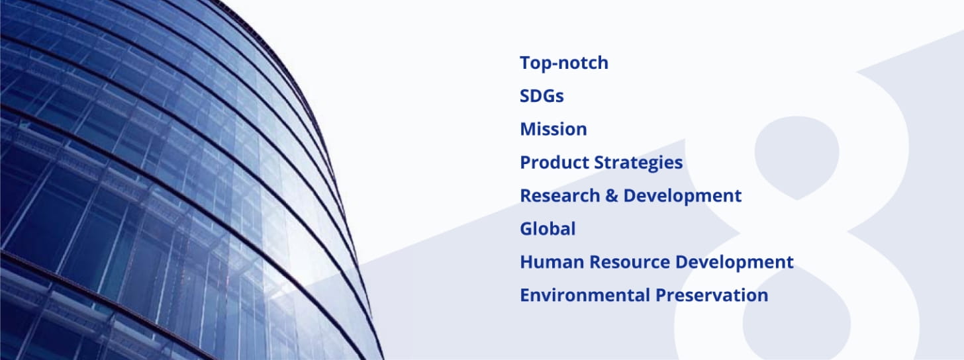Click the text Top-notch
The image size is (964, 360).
tap(564, 64)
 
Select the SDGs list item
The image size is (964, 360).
tap(542, 96)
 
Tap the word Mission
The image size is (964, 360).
tap(554, 129)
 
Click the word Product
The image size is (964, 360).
tap(554, 162)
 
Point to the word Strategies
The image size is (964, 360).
tap(638, 163)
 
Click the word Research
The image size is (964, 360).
tap(559, 196)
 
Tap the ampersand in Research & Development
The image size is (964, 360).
tap(611, 196)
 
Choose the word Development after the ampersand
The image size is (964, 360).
tap(682, 197)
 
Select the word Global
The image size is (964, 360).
tap(548, 229)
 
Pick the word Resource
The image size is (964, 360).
tap(629, 262)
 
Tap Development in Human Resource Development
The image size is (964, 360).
tap(734, 263)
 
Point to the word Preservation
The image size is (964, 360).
tap(712, 295)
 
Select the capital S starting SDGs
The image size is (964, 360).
tap(526, 96)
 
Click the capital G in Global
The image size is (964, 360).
tap(527, 229)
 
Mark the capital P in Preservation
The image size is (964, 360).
tap(661, 295)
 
